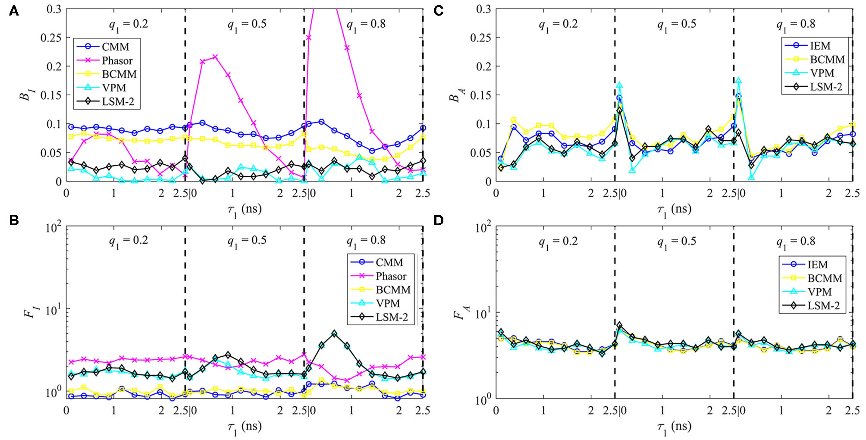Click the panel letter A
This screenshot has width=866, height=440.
pos(14,10)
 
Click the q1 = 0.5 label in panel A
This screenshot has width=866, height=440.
pos(247,24)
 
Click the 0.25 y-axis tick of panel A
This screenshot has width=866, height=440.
pos(51,38)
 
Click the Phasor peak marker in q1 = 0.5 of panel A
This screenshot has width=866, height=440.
pos(215,57)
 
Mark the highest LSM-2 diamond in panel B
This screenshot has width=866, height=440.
pos(334,333)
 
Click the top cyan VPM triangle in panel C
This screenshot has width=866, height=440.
pos(738,81)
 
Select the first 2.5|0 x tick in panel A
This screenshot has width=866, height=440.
pos(185,193)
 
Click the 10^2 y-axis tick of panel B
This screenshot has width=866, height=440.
pos(53,227)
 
